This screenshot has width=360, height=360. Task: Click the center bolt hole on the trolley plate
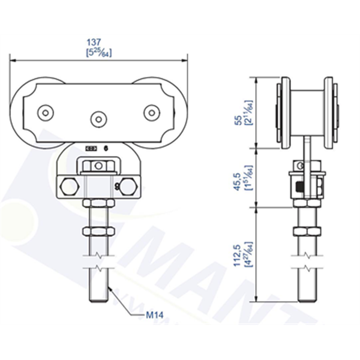coord(98,118)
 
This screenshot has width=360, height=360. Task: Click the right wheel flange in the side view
coord(328,114)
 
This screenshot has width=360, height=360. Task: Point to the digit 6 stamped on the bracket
coord(106,147)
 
